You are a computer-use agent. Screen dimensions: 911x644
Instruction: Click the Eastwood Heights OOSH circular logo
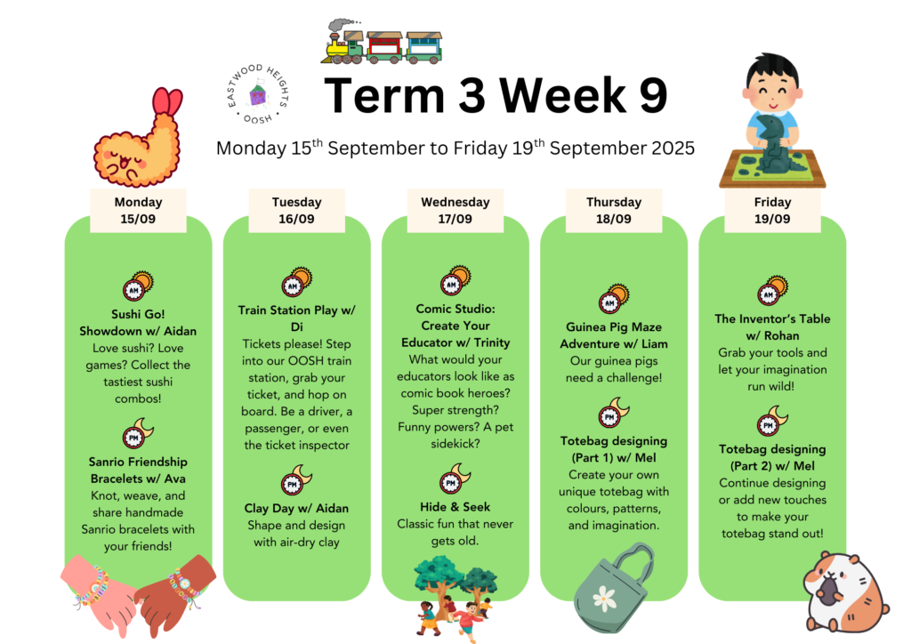pos(257,94)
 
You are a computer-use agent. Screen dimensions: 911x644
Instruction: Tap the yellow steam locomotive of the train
pos(344,45)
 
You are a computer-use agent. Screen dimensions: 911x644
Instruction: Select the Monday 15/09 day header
pos(138,210)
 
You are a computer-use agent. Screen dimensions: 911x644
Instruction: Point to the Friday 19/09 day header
pos(772,210)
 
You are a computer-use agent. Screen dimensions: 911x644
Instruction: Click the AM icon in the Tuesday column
pos(296,282)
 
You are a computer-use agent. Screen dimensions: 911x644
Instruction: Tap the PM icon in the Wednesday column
pos(455,479)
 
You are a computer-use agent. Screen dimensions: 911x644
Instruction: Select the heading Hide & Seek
pos(455,507)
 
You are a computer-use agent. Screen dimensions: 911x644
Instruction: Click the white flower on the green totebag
pos(604,598)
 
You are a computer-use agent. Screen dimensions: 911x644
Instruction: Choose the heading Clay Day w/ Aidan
pos(296,508)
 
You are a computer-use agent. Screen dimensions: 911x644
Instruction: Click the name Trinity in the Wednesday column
pos(491,342)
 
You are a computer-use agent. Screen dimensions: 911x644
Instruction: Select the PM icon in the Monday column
pos(138,433)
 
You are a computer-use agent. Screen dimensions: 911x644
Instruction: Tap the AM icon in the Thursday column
pos(614,299)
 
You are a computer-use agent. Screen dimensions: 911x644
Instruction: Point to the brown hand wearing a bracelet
pos(175,592)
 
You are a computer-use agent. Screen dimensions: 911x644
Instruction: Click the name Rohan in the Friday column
pos(781,335)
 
